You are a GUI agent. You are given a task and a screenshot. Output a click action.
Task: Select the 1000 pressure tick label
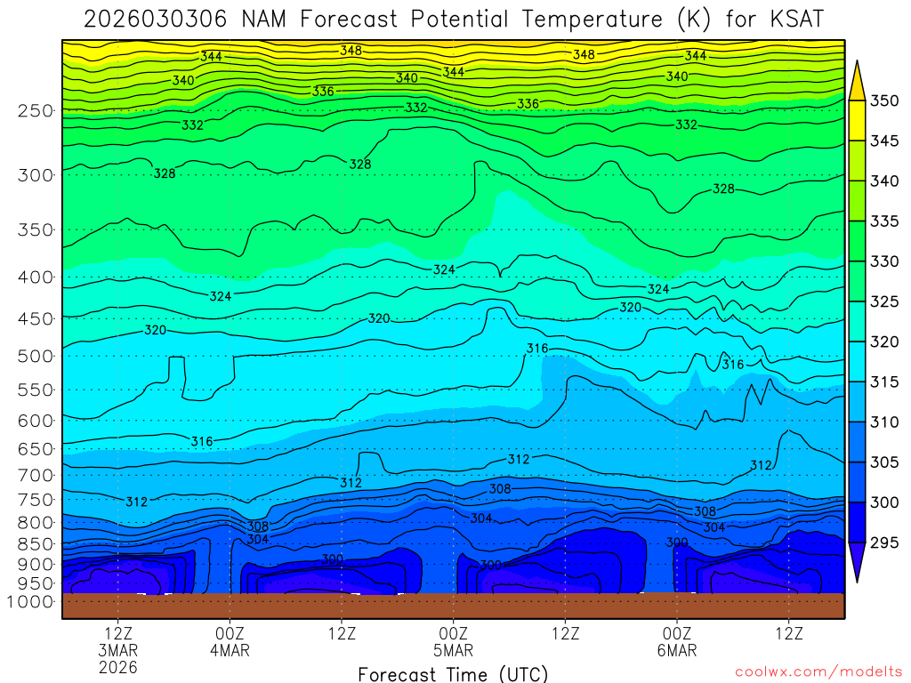pos(31,602)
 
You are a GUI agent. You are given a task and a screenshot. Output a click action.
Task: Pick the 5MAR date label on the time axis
pos(453,650)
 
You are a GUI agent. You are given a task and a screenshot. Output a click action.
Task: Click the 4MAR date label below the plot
pos(230,650)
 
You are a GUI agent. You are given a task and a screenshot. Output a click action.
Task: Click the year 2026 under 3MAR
pos(118,667)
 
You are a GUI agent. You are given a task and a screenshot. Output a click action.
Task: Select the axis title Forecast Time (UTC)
pos(453,674)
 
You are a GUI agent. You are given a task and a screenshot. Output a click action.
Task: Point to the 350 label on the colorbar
pos(884,101)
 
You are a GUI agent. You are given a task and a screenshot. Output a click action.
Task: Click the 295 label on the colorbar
pos(884,542)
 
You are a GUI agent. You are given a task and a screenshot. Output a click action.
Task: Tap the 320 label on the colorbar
pos(884,341)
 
